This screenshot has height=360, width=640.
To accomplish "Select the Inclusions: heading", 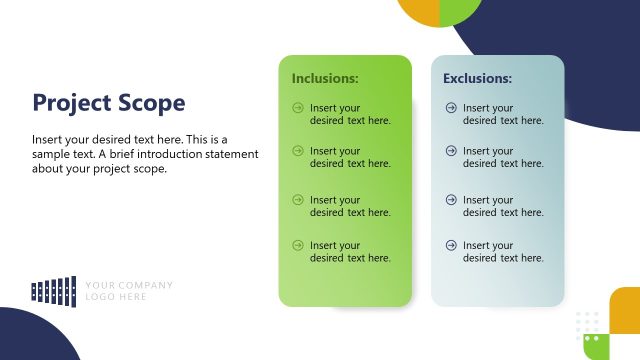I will (x=325, y=78).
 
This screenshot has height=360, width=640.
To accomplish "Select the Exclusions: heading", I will (x=478, y=78).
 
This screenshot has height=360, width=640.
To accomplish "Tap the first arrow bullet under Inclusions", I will (x=297, y=107).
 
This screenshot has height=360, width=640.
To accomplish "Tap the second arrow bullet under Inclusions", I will (x=297, y=151).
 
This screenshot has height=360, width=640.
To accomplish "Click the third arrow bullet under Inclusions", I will (x=297, y=200).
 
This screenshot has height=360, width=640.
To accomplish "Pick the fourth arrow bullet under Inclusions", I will (x=297, y=245).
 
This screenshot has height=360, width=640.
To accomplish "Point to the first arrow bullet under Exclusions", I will (x=450, y=107).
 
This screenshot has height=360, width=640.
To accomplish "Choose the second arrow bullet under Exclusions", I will (x=450, y=151).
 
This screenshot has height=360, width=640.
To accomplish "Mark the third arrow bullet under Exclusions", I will (x=450, y=200).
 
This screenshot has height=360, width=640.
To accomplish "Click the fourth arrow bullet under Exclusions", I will (x=450, y=245).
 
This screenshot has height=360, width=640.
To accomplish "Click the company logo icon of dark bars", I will (x=54, y=290).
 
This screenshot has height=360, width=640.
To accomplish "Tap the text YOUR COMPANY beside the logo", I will (x=129, y=285).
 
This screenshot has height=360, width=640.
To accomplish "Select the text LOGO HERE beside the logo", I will (x=116, y=297).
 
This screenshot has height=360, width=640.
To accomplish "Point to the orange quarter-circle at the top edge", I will (x=417, y=11).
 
